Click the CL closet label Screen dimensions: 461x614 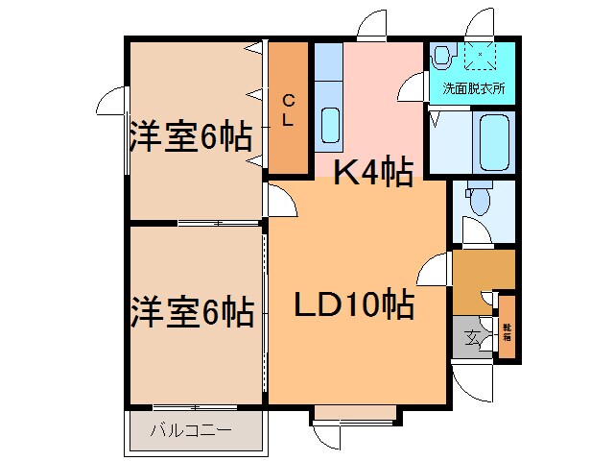tap(288, 108)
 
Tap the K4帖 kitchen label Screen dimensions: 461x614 tap(372, 173)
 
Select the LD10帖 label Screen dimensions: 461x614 tap(353, 306)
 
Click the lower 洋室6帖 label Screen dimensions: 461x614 tap(192, 311)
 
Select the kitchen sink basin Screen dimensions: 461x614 tap(329, 126)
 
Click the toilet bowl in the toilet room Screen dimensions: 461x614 tap(479, 200)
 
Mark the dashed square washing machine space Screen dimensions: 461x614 tap(478, 57)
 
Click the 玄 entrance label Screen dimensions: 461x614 tap(473, 337)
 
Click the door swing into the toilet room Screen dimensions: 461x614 tap(473, 230)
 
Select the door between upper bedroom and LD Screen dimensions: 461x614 tap(278, 202)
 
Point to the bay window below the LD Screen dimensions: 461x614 tap(354, 415)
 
